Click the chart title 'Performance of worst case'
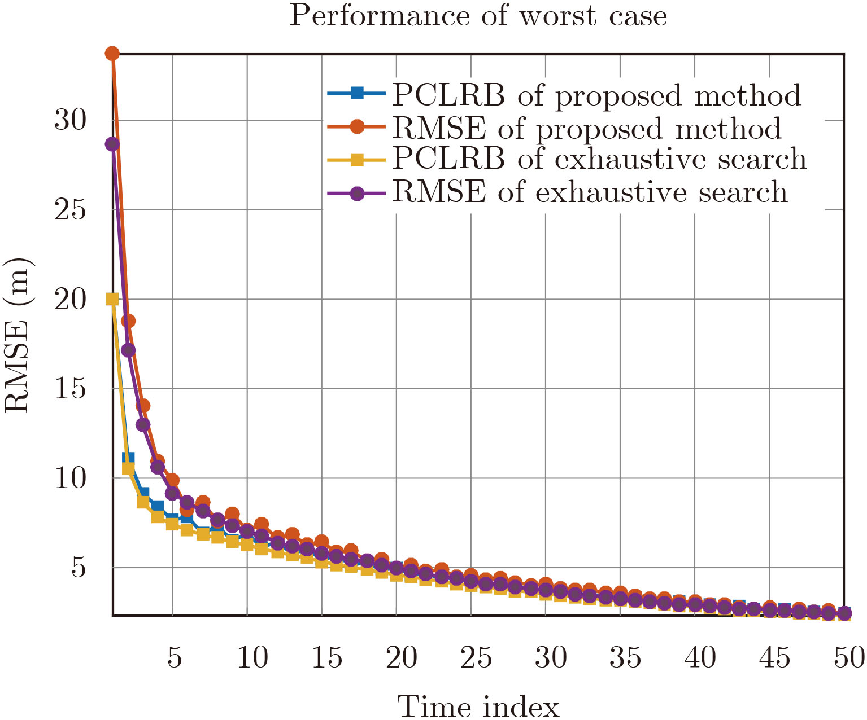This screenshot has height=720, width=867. pos(478,16)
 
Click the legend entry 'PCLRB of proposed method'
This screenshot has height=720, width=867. pos(596,95)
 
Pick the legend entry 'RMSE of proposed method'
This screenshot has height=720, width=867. pos(587,128)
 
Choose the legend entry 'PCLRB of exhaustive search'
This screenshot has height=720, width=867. pos(599,159)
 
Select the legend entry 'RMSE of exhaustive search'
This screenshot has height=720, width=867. pos(590,192)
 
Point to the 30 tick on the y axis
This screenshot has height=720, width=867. pos(70,120)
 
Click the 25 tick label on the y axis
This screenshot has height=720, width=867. pos(70,210)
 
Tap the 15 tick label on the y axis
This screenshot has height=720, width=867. pos(70,389)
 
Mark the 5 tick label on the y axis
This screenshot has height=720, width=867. pos(79,568)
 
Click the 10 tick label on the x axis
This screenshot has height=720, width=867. pos(252,657)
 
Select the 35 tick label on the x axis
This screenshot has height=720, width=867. pos(625,657)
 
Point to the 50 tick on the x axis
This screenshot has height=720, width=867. pos(849,657)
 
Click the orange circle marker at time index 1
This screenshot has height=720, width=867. pos(112,54)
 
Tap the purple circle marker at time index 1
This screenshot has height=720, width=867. pos(112,144)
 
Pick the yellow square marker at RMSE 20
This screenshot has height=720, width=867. pos(112,299)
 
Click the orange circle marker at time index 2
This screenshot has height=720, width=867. pos(128,321)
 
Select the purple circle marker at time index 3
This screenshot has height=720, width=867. pos(143,425)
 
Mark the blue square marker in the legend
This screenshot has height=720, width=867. pos(357,93)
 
